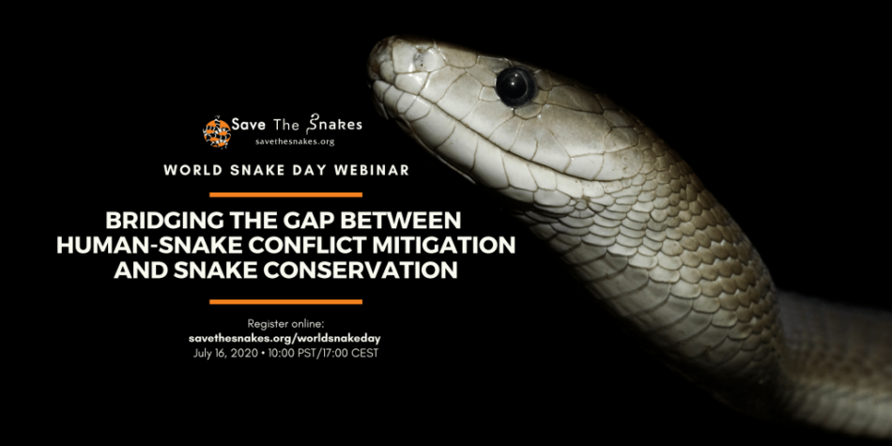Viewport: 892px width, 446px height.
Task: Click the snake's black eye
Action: click(515, 86)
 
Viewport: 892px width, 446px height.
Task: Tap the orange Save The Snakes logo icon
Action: click(217, 132)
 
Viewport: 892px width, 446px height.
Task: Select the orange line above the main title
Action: click(285, 194)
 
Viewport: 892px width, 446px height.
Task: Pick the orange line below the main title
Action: click(285, 301)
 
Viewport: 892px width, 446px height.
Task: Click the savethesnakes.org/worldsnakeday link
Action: click(285, 338)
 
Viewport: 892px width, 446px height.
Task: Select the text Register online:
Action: click(285, 324)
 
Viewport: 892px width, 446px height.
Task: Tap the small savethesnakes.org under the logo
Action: click(295, 142)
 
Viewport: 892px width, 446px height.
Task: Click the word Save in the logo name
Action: click(248, 124)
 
